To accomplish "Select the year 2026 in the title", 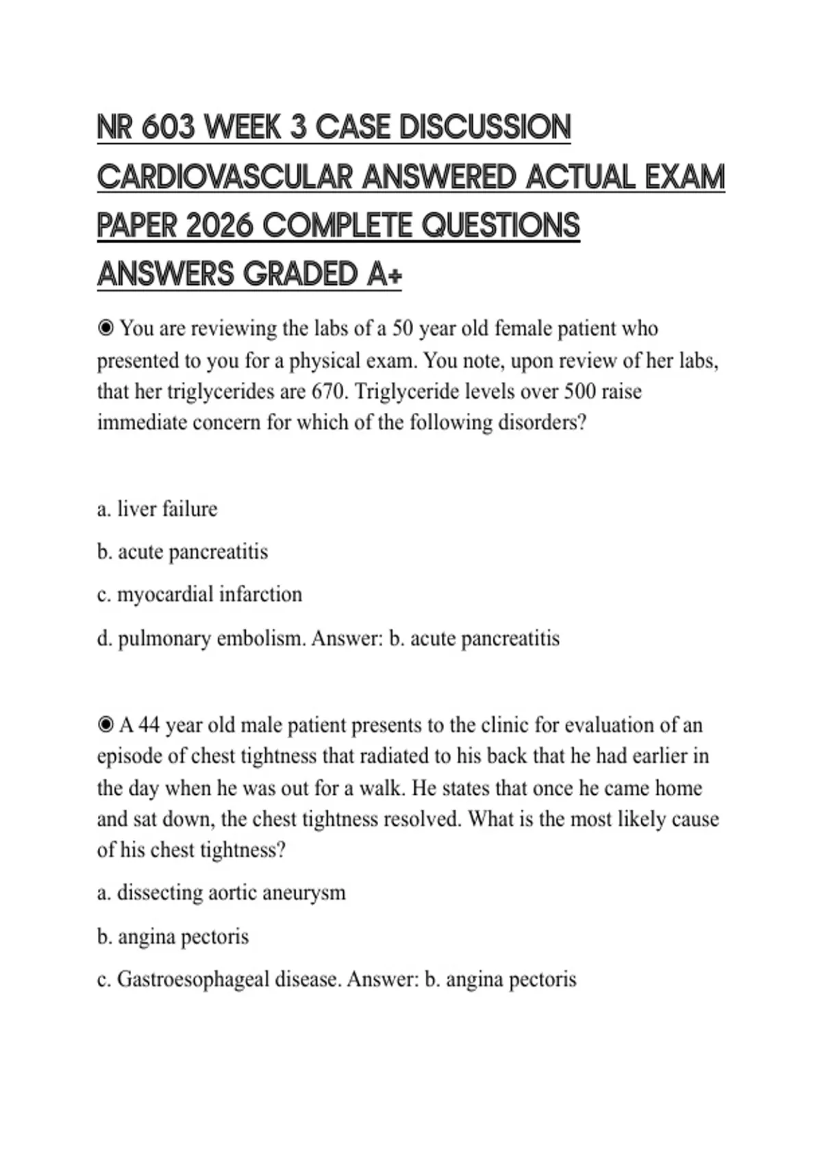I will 220,226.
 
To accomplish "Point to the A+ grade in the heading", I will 384,275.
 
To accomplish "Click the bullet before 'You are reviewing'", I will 105,329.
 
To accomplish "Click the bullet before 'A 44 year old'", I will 105,724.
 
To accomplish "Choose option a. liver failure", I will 157,509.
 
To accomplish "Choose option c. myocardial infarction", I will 199,594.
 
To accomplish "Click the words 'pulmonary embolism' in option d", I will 212,638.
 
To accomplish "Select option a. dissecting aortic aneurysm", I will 221,893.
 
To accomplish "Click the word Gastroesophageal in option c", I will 193,979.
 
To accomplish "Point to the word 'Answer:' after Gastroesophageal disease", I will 382,979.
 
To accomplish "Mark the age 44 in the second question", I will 149,724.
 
